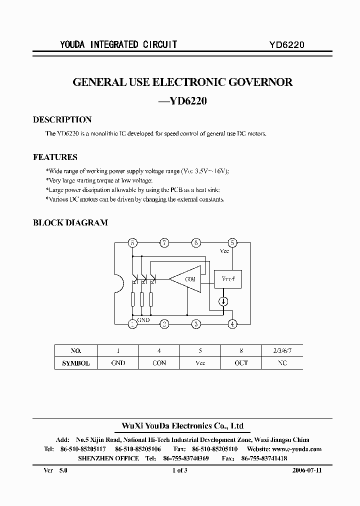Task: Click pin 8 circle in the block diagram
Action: click(132, 243)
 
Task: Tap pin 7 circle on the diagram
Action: click(164, 243)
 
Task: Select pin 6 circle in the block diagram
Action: click(196, 243)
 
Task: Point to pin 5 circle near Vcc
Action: click(232, 243)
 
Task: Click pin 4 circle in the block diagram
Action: click(232, 324)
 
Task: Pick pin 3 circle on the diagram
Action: click(196, 324)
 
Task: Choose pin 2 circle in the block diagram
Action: click(164, 324)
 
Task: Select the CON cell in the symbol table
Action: click(159, 363)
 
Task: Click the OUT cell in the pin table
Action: click(241, 363)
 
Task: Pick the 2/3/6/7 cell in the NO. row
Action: click(282, 350)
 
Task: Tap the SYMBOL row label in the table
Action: click(75, 363)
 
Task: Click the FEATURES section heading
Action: click(55, 157)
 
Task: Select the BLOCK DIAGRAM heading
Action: click(70, 223)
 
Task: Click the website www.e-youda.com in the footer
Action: click(297, 449)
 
